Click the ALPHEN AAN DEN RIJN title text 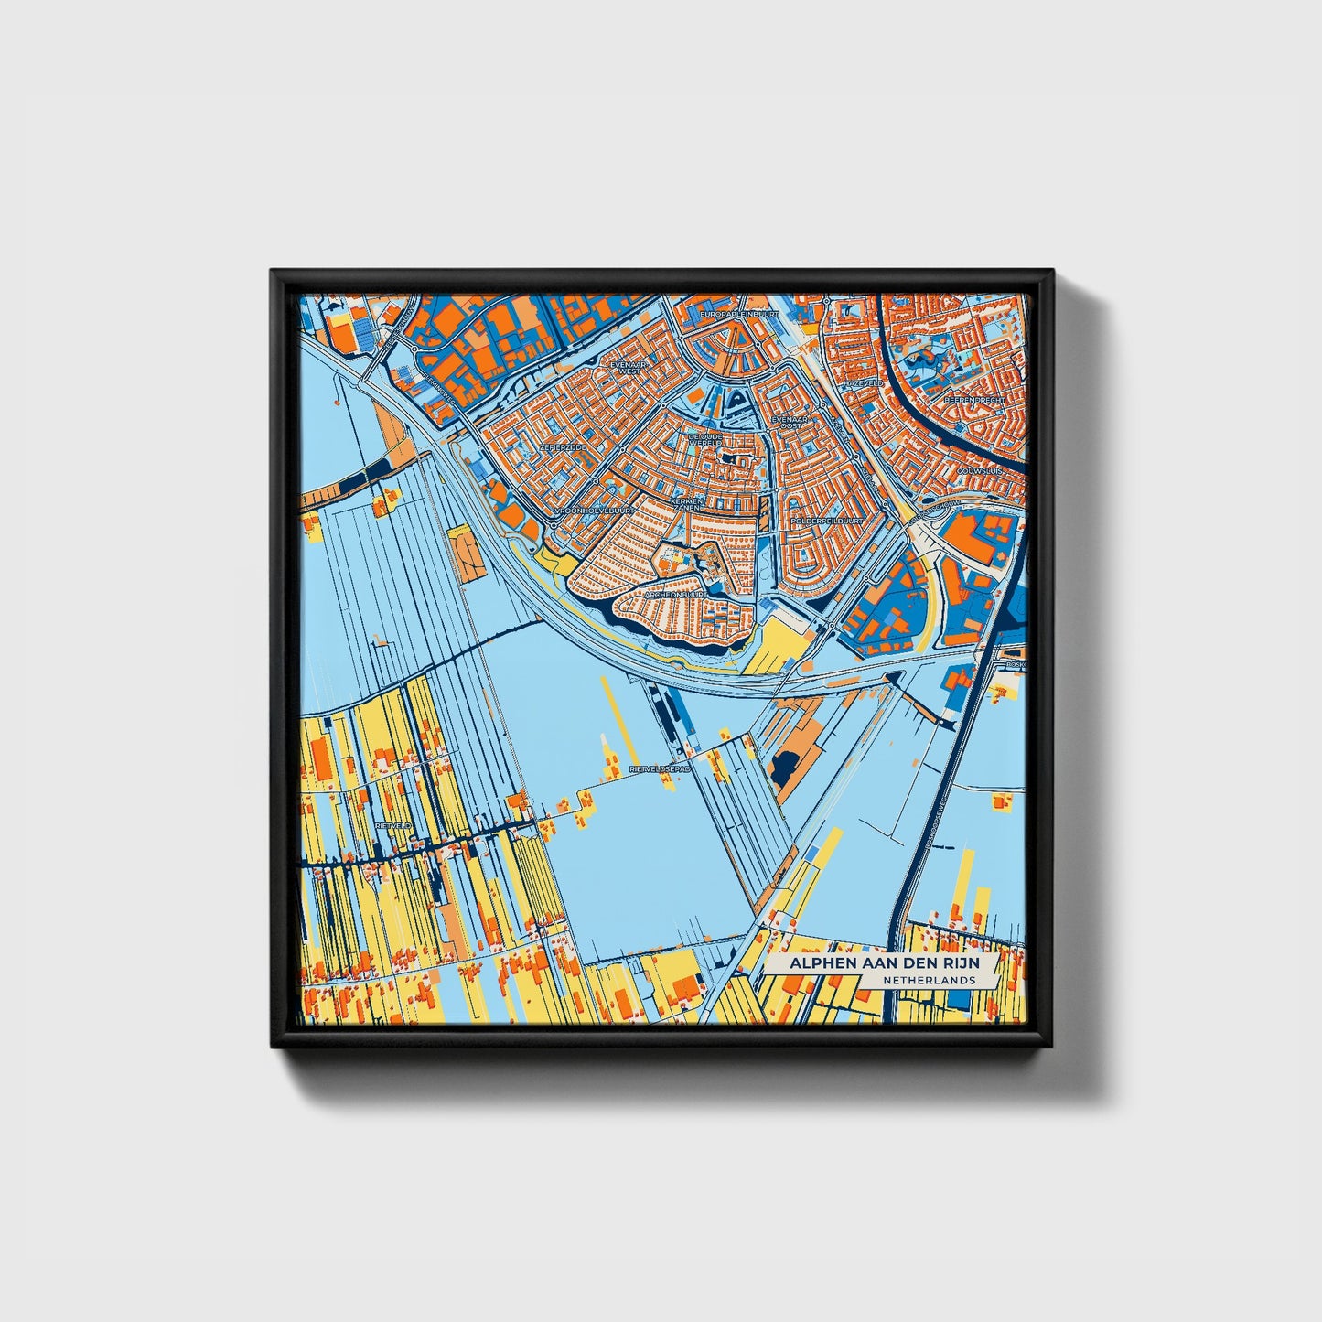872,965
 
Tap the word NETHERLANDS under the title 929,980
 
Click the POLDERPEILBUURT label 827,520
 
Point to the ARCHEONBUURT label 674,594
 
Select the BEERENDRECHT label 973,400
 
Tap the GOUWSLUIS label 980,470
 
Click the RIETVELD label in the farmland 394,826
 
